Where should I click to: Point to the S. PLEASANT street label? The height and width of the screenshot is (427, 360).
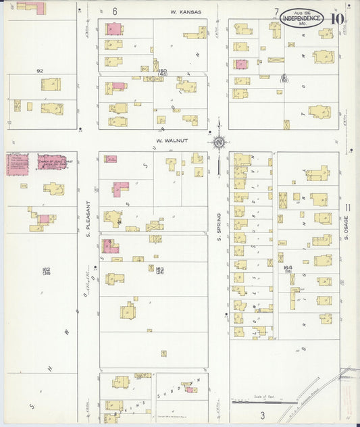pyautogui.click(x=88, y=223)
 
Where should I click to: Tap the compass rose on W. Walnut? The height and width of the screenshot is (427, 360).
pyautogui.click(x=219, y=142)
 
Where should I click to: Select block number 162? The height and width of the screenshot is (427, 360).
pyautogui.click(x=46, y=270)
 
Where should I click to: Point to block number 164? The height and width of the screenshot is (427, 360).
pyautogui.click(x=287, y=269)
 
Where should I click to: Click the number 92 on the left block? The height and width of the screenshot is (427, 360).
pyautogui.click(x=40, y=70)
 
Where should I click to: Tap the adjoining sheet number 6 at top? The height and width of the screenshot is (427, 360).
pyautogui.click(x=115, y=11)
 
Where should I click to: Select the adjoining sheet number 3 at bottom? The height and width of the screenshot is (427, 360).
pyautogui.click(x=263, y=414)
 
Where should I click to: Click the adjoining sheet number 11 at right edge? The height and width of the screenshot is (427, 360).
pyautogui.click(x=347, y=207)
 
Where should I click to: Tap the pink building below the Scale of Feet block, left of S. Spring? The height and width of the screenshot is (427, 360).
pyautogui.click(x=192, y=389)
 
